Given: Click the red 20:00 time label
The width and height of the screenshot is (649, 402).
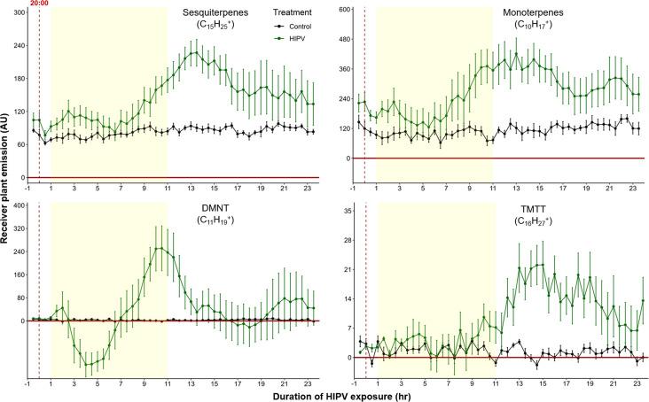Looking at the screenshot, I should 40,4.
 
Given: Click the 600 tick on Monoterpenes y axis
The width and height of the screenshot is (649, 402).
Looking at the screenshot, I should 341,11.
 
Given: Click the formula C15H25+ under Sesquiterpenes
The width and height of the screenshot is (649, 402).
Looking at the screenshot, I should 215,26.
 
